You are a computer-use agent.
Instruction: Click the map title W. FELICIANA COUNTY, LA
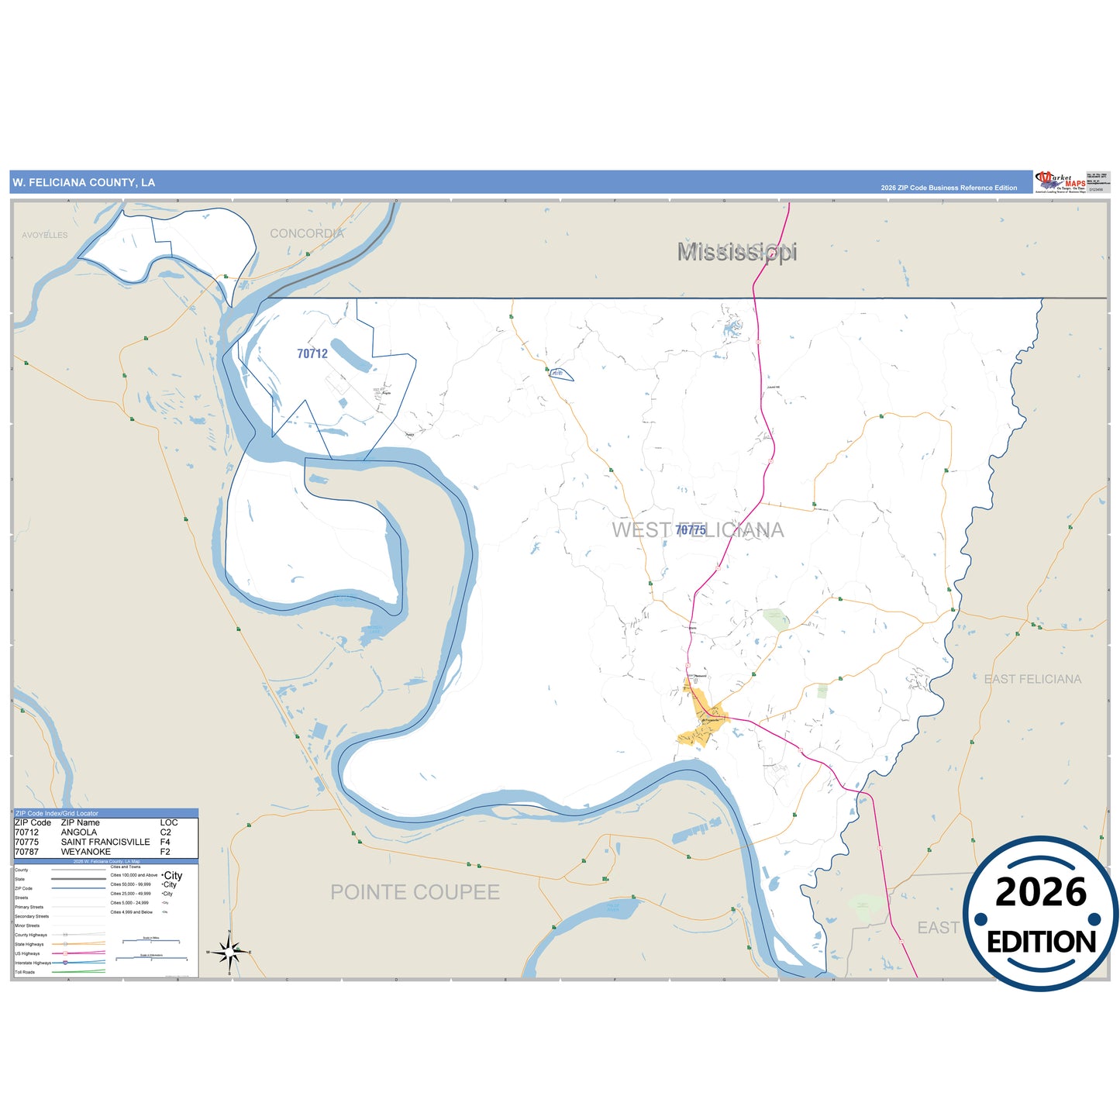(x=84, y=183)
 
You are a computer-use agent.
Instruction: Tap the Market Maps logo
(x=1060, y=182)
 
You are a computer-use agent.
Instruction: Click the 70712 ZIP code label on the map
(x=312, y=353)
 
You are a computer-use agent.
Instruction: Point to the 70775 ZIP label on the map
(x=690, y=530)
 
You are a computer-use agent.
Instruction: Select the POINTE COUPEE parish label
(x=415, y=892)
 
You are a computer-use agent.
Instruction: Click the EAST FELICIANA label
(x=1032, y=679)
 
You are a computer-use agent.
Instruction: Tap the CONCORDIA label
(x=306, y=233)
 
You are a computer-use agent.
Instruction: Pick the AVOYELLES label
(x=45, y=235)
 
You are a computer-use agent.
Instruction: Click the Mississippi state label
(x=737, y=252)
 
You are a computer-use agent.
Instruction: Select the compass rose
(x=229, y=951)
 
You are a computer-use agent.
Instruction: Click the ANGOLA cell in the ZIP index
(x=79, y=832)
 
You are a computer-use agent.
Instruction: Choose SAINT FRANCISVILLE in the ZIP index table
(x=105, y=842)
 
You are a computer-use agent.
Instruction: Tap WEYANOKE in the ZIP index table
(x=86, y=852)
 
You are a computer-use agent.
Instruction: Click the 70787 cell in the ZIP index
(x=26, y=852)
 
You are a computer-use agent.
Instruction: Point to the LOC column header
(x=169, y=822)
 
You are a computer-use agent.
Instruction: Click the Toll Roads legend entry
(x=25, y=972)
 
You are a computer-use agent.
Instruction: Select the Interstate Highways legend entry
(x=33, y=963)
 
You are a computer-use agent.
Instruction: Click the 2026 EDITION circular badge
(x=1041, y=915)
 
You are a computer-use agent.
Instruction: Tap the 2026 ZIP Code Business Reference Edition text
(x=949, y=188)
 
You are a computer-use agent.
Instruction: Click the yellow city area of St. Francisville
(x=698, y=729)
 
